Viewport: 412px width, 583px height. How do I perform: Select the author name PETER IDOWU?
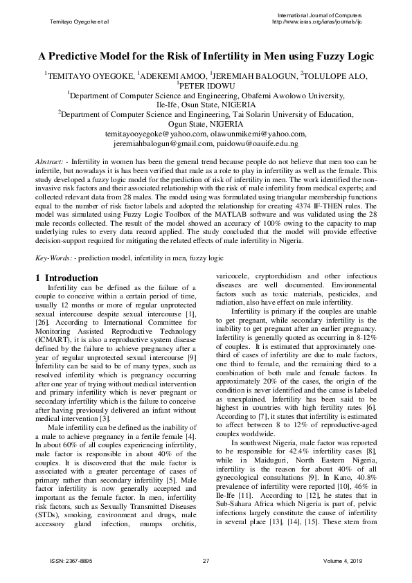point(206,87)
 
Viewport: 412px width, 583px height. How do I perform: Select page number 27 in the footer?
point(206,559)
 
